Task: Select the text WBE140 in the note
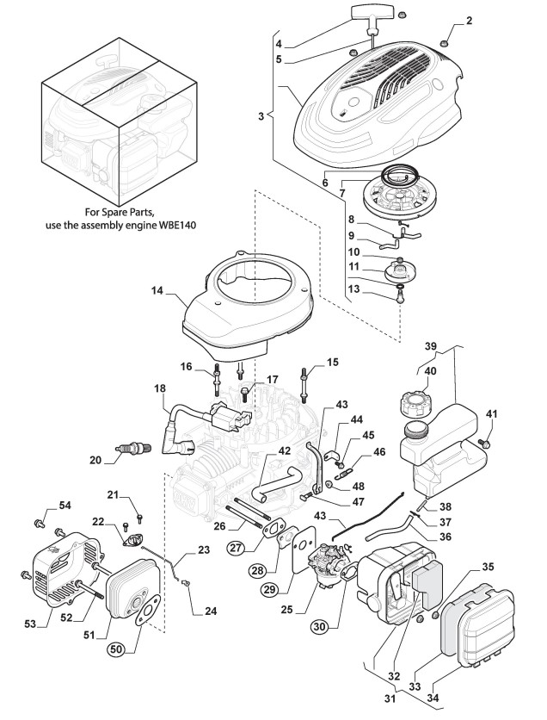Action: point(175,226)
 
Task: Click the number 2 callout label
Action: point(468,21)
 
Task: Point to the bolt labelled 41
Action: point(483,442)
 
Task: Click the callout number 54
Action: point(65,505)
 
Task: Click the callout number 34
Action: point(433,698)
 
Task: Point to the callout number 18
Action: point(160,388)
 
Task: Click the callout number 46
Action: point(379,452)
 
